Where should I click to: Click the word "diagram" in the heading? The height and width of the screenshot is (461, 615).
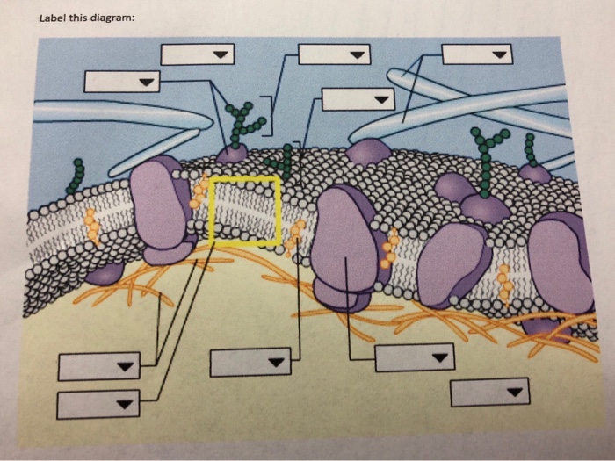click(108, 20)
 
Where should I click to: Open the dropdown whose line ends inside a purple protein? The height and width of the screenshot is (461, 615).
click(415, 357)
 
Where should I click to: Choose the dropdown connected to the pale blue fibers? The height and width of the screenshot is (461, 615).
click(477, 54)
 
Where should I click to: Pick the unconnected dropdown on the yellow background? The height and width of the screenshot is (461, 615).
click(489, 392)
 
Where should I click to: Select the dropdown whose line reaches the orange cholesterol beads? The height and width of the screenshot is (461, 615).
click(250, 361)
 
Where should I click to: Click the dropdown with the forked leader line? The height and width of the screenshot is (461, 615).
click(122, 82)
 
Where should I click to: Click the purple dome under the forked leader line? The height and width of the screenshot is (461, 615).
click(232, 155)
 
